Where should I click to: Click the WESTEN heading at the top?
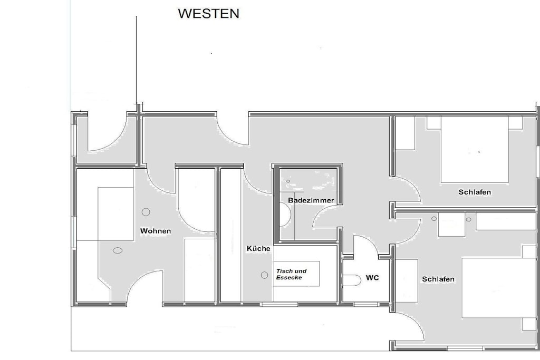(x=208, y=13)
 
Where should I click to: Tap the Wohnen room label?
(x=156, y=231)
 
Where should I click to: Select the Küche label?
(x=258, y=248)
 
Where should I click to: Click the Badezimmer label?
(x=311, y=200)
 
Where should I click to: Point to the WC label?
(x=372, y=277)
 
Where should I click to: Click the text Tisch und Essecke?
(x=291, y=274)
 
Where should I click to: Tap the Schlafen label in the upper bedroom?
(x=475, y=192)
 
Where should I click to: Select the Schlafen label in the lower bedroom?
(x=438, y=279)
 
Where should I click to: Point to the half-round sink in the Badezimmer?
(x=285, y=215)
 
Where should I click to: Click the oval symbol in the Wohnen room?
(x=118, y=250)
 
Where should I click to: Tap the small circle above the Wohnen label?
(x=146, y=212)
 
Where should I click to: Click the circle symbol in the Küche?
(x=265, y=275)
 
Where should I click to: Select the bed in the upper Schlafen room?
(x=475, y=149)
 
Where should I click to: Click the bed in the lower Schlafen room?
(x=499, y=288)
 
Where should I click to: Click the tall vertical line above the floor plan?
(x=137, y=60)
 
